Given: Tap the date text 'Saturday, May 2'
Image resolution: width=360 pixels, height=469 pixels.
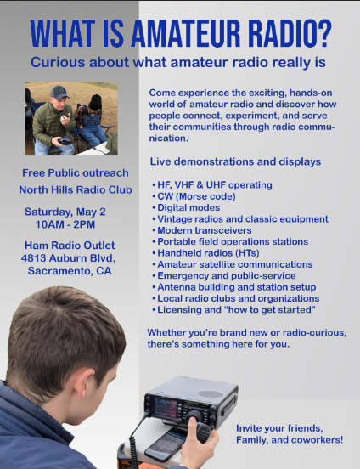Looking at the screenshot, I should (x=65, y=211).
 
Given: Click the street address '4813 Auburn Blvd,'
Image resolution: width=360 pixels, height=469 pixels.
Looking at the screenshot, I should (x=68, y=258).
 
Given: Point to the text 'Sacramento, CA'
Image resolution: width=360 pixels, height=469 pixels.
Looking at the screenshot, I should (x=68, y=271).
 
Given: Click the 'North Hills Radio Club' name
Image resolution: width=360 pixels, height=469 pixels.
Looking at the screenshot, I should (x=68, y=189).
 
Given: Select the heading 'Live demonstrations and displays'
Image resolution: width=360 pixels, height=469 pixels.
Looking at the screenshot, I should (x=235, y=161).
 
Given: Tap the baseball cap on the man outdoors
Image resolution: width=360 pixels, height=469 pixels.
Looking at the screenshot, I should (x=59, y=92).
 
